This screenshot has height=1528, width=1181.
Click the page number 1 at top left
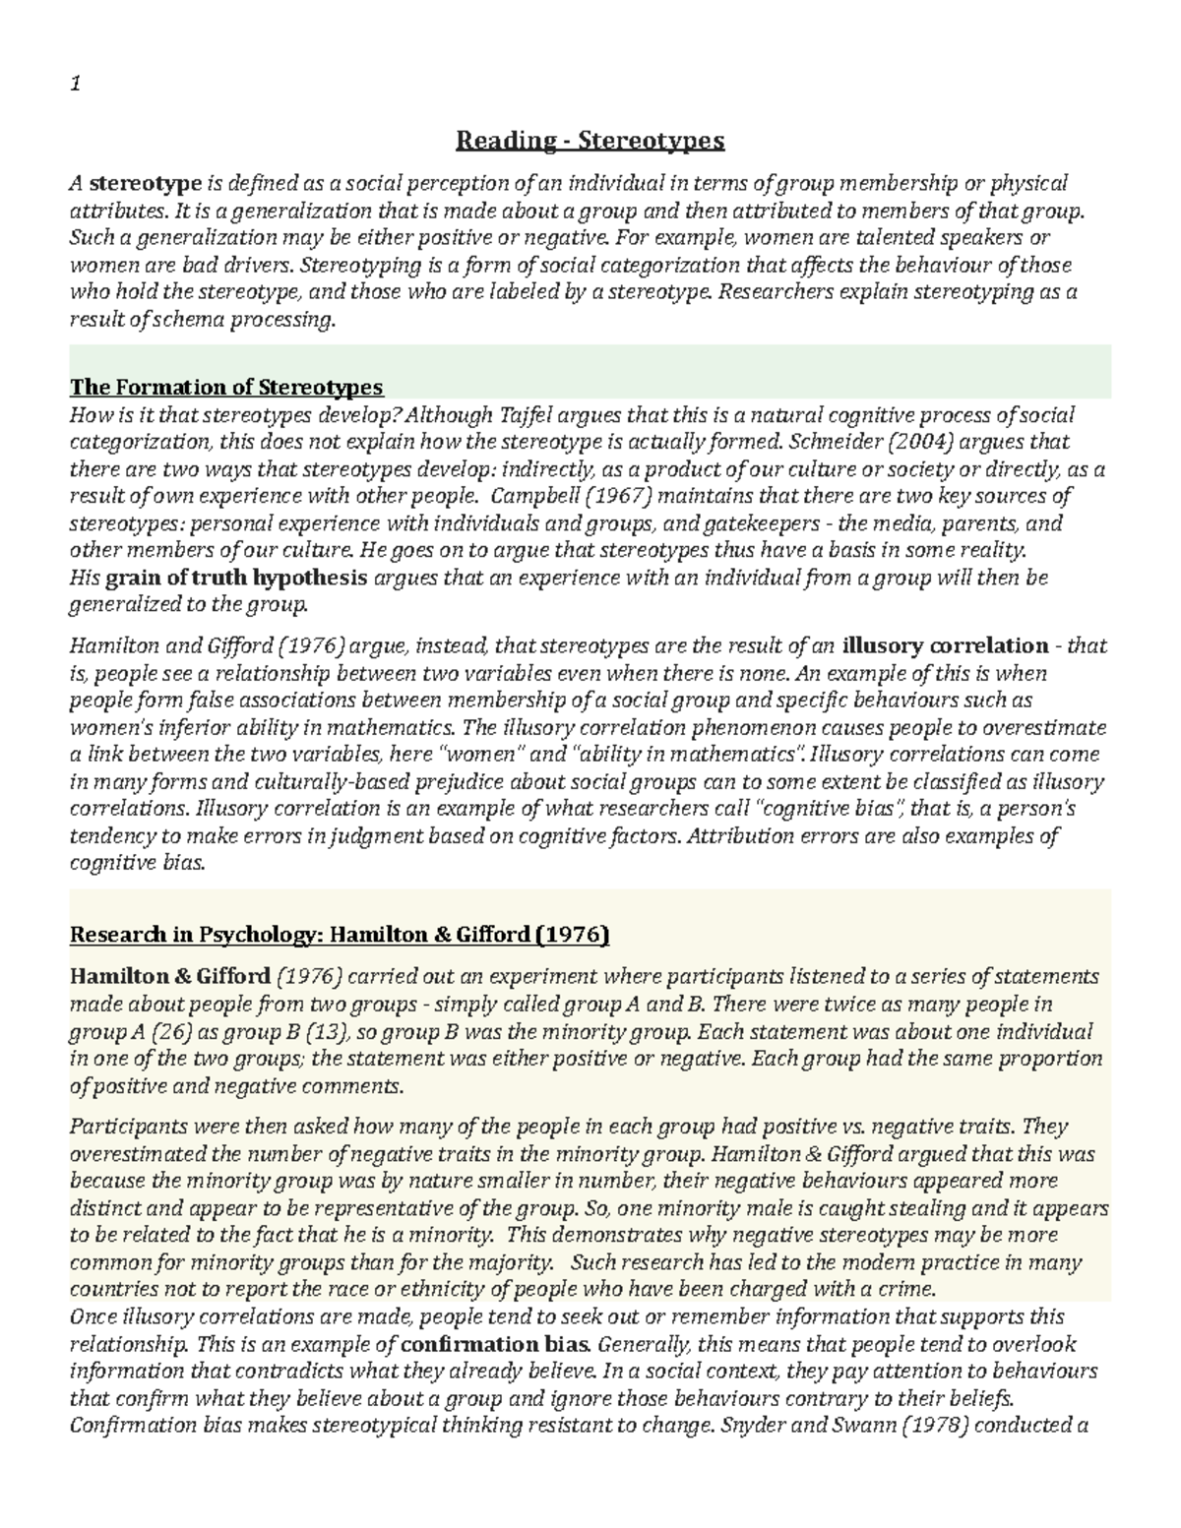74,86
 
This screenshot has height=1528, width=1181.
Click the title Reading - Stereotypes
590,142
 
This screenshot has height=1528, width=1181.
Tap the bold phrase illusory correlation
946,646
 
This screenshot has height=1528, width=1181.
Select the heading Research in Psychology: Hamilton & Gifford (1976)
340,934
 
